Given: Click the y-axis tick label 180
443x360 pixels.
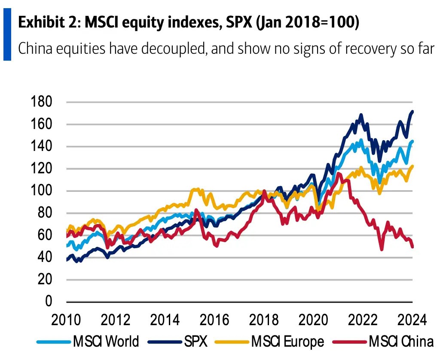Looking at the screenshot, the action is point(41,102).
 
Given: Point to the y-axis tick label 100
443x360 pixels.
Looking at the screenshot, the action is point(41,191).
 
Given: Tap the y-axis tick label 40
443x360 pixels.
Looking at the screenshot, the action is point(45,257).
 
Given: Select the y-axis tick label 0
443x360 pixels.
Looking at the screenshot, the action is point(49,302).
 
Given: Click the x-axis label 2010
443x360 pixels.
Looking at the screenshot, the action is point(66,320).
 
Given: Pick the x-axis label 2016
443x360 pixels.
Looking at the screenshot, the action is point(214,320).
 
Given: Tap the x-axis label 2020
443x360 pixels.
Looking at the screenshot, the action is point(313,320).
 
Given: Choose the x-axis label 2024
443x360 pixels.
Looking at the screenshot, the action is point(412,320).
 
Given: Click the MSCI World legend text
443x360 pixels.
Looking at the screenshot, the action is point(106,342).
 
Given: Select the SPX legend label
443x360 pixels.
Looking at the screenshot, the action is point(196,342).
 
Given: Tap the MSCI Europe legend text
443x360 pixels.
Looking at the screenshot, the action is point(287,342).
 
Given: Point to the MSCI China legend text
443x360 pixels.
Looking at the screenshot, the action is point(401,342).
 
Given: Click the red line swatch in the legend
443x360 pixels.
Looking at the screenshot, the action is point(350,342).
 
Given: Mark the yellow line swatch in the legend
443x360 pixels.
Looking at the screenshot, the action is point(232,342).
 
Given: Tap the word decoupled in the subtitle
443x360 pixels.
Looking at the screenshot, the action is point(173,48).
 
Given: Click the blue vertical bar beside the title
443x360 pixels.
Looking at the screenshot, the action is point(7,34).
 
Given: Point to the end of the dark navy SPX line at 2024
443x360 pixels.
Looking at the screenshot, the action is point(412,112).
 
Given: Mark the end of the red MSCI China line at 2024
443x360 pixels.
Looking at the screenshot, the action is point(412,246).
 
